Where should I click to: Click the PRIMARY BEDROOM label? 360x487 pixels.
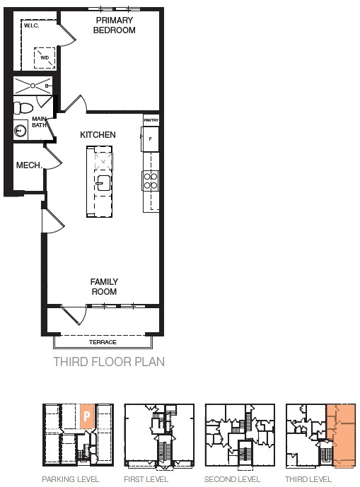(x=114, y=25)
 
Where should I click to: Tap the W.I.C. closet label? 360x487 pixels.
(x=31, y=25)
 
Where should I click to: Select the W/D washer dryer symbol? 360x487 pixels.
(x=45, y=58)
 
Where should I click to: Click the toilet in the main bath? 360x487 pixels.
(x=23, y=108)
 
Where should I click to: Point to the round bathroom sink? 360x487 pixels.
(x=21, y=131)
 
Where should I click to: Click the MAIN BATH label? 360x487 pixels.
(x=39, y=122)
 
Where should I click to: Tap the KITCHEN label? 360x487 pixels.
(x=98, y=135)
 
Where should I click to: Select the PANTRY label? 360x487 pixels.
(x=151, y=120)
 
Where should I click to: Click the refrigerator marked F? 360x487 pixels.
(x=151, y=139)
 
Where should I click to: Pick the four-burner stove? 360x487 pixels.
(x=151, y=181)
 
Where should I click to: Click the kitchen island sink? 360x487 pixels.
(x=103, y=183)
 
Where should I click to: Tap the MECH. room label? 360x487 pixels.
(x=29, y=165)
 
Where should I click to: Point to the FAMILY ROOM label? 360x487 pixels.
(x=104, y=287)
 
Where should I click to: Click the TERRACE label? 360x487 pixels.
(x=103, y=342)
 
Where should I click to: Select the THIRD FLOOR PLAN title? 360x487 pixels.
(x=109, y=362)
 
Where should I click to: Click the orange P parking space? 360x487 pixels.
(x=87, y=416)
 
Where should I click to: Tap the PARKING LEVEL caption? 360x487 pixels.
(x=70, y=479)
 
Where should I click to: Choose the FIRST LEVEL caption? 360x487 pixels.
(x=146, y=479)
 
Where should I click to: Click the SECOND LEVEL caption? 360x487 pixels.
(x=232, y=479)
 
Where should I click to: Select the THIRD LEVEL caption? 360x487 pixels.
(x=308, y=479)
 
